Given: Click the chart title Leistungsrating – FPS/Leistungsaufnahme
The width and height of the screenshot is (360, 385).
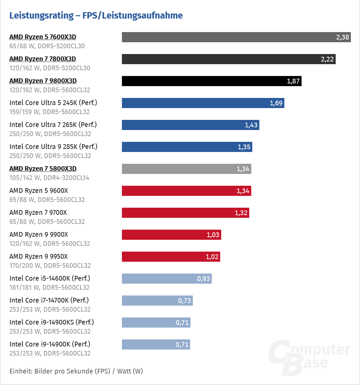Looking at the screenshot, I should pyautogui.click(x=96, y=16).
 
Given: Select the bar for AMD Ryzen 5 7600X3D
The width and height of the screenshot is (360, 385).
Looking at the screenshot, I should pyautogui.click(x=236, y=37).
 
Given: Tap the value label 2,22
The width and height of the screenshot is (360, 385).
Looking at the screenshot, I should pyautogui.click(x=327, y=59).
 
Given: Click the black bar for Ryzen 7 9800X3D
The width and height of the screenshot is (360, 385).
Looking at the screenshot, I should pyautogui.click(x=211, y=81).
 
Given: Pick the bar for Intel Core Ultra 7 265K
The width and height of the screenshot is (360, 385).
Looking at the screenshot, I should pyautogui.click(x=190, y=125).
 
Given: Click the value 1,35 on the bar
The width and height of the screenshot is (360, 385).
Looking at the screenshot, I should pyautogui.click(x=244, y=147).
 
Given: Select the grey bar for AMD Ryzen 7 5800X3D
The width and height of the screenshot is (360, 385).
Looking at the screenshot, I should pyautogui.click(x=186, y=169).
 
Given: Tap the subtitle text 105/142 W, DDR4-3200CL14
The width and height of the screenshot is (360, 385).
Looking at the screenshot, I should pyautogui.click(x=49, y=178).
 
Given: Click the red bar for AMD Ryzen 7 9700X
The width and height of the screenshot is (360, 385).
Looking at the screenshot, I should pyautogui.click(x=185, y=213).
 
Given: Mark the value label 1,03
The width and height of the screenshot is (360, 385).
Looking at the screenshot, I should pyautogui.click(x=213, y=235).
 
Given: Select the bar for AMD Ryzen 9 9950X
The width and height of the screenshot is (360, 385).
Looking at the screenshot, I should pyautogui.click(x=171, y=257).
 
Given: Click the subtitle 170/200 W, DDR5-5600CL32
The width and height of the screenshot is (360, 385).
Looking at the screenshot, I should pyautogui.click(x=50, y=265).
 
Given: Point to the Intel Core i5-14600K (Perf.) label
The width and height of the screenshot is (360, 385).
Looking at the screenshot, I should pyautogui.click(x=50, y=278).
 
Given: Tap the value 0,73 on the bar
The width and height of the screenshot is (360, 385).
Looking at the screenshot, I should pyautogui.click(x=185, y=301).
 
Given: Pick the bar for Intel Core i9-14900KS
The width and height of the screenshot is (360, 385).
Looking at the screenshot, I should pyautogui.click(x=156, y=323).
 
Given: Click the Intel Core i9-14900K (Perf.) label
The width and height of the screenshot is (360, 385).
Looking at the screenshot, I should pyautogui.click(x=50, y=344).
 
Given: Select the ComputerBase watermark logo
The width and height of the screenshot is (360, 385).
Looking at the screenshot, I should pyautogui.click(x=309, y=356).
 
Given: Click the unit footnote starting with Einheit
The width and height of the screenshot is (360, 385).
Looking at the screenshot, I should pyautogui.click(x=76, y=371).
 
